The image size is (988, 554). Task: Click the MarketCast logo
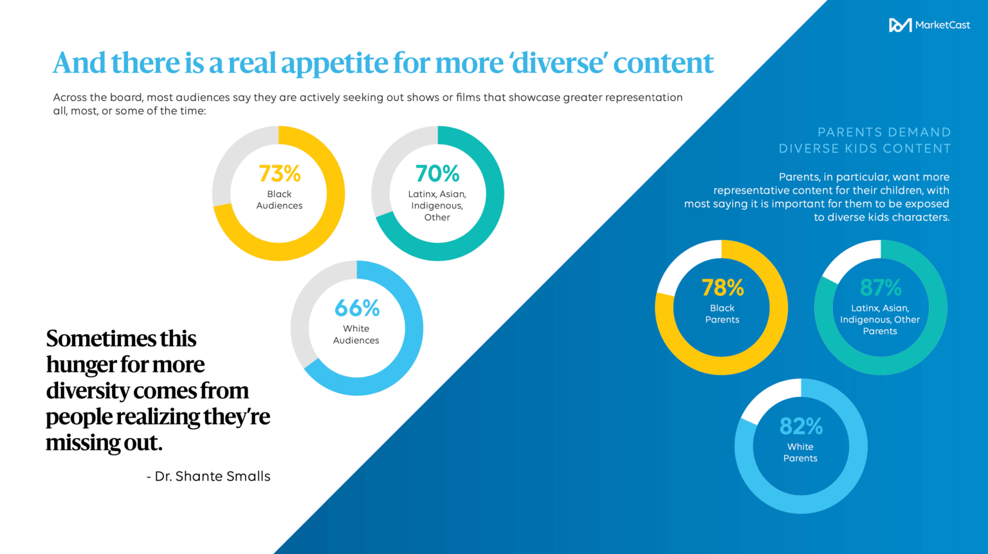929,25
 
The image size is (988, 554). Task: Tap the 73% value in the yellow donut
279,174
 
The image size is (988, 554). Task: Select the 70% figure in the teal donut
437,174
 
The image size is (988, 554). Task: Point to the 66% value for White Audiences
357,308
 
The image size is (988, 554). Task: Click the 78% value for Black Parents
722,288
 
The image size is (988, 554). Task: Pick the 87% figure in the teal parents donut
881,288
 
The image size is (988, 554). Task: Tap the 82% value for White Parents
801,426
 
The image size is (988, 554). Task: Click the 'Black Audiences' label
279,199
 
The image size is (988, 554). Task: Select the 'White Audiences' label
356,335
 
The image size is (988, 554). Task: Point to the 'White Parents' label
800,452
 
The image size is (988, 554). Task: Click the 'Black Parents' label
722,314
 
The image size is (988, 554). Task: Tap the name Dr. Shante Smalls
213,476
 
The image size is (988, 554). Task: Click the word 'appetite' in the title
334,63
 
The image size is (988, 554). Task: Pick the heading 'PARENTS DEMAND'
884,132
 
